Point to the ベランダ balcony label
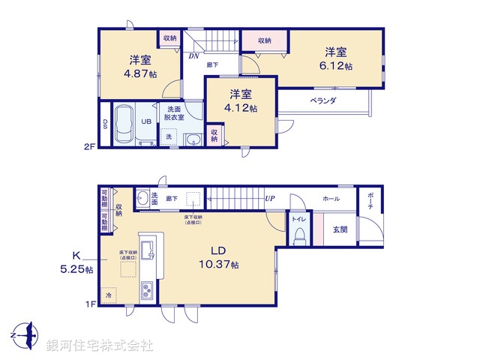point(323,100)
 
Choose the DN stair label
point(193,55)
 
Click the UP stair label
point(269,198)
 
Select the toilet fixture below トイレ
point(299,235)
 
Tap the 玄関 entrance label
point(340,229)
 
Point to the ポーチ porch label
point(370,203)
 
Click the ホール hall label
point(330,199)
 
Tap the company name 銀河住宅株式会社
point(99,346)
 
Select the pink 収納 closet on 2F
point(265,40)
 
